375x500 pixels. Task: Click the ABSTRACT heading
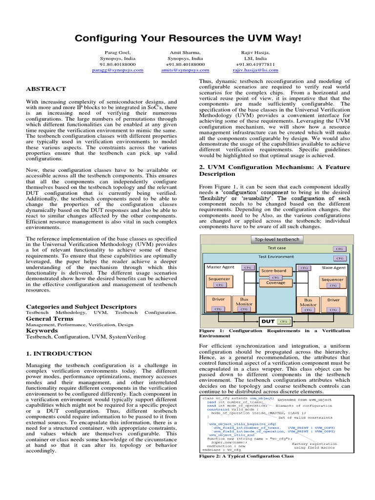pos(45,89)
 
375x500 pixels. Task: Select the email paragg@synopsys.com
pos(118,70)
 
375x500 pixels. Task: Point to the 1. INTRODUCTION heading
pos(59,353)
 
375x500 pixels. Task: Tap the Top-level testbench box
pos(277,239)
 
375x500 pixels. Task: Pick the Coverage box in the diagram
pos(276,283)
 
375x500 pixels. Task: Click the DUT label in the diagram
pos(268,321)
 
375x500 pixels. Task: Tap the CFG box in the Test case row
pos(339,249)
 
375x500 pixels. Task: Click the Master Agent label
pos(221,268)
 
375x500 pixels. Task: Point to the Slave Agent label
pos(333,268)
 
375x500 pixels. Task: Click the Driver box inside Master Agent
pos(218,299)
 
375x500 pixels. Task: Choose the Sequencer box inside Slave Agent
pos(333,280)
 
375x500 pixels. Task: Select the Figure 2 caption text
pos(247,456)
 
